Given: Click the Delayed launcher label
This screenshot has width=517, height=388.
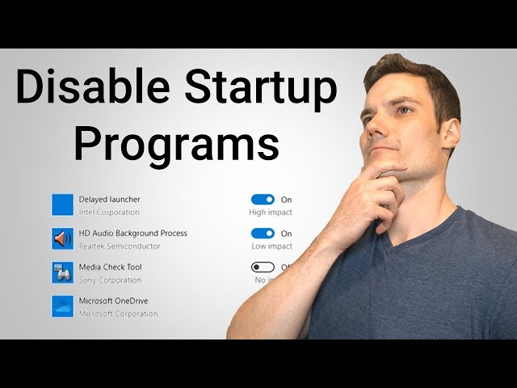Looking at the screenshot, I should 109,199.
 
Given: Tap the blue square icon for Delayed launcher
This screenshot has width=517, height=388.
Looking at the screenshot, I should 63,205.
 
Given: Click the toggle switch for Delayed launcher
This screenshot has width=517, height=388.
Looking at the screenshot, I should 263,199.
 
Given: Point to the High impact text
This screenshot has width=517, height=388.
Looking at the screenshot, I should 271,213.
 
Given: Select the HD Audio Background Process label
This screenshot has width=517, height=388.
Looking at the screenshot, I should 132,233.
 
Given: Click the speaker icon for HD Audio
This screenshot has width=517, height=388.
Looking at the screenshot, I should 63,238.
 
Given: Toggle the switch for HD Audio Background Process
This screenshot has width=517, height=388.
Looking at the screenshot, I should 263,233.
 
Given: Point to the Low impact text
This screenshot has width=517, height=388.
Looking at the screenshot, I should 271,247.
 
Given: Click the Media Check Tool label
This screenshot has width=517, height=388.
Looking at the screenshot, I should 110,267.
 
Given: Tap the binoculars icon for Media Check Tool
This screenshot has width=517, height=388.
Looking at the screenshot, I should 63,272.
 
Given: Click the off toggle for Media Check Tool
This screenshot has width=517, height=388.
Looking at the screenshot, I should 263,267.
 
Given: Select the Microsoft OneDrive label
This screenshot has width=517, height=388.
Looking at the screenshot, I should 113,301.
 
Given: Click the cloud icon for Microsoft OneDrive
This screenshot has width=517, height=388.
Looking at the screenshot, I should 63,306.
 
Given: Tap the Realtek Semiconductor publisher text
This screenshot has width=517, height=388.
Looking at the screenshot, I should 120,247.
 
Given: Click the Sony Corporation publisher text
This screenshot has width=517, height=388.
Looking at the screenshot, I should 109,280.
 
